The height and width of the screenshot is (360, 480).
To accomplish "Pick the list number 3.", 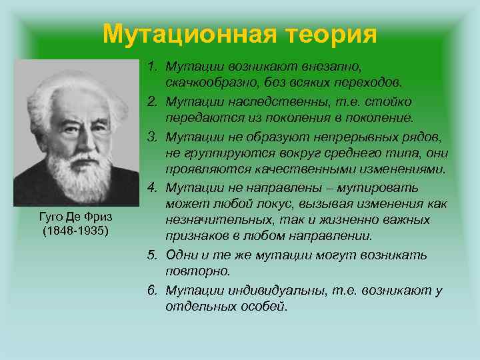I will [151, 136].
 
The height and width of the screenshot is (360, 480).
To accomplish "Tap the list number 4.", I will [151, 188].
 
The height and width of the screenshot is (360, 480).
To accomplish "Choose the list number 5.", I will [151, 255].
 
